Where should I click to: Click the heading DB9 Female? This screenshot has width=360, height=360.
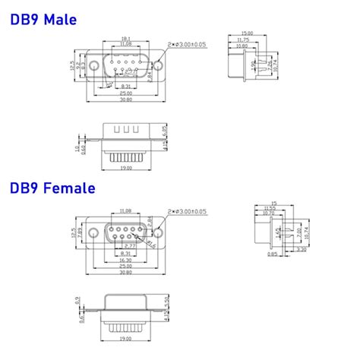point(52,186)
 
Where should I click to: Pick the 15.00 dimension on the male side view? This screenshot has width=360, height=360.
point(247,33)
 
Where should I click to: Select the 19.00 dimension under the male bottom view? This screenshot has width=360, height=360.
point(125,169)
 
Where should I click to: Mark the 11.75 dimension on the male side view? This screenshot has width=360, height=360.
point(244,39)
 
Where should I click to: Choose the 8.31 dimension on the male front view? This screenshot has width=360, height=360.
point(125,87)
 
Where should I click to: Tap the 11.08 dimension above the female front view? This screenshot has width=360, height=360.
point(125,210)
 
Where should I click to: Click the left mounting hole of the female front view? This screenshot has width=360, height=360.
point(93,232)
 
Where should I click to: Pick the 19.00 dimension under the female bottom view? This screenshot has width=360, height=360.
point(125,339)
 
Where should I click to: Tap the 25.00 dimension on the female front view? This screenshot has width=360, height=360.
point(125,267)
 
